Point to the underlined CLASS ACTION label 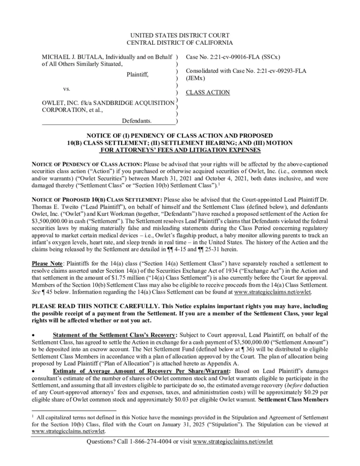[208, 92]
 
